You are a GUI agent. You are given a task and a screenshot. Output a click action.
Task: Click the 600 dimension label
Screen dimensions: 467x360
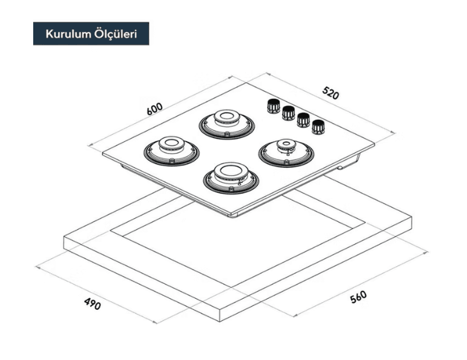(x=155, y=109)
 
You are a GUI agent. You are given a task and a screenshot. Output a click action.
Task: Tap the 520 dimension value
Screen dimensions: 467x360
(x=331, y=93)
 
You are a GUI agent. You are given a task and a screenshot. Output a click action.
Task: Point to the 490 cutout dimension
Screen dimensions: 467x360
(x=92, y=303)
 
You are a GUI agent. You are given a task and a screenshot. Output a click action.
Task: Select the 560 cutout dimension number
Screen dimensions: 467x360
(x=358, y=297)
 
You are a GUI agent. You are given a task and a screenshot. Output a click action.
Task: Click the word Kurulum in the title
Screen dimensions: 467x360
(x=68, y=34)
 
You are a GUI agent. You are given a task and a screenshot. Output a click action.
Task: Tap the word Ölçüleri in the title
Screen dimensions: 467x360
(x=115, y=34)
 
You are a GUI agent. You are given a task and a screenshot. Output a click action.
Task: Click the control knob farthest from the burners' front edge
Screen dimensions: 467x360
(x=272, y=105)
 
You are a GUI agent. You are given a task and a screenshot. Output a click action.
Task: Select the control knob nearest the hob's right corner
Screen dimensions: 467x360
(x=318, y=126)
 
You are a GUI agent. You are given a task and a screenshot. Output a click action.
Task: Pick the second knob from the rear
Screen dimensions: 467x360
(x=288, y=113)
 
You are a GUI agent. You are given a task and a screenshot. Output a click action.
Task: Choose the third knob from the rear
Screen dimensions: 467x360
(x=303, y=120)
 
